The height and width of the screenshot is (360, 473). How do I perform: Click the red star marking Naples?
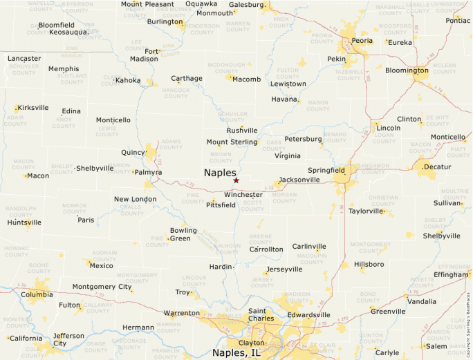236,180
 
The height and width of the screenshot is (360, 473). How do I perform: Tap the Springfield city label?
326,170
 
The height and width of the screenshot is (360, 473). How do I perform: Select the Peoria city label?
362,41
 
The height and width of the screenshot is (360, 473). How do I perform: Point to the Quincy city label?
133,152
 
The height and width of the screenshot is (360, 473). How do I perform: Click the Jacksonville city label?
299,180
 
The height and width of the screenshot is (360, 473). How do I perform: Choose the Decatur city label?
437,167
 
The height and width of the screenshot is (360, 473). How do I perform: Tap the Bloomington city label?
407,70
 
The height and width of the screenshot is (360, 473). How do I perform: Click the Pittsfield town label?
221,205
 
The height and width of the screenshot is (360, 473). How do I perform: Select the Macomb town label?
247,79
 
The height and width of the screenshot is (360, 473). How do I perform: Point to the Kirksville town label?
33,108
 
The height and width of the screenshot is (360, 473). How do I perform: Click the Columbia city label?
37,294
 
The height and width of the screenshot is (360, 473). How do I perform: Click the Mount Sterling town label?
232,142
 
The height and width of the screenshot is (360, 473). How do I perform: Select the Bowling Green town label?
183,234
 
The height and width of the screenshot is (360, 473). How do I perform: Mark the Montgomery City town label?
102,287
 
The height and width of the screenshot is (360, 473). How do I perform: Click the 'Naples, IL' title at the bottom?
236,353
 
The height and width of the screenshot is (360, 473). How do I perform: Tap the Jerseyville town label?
285,269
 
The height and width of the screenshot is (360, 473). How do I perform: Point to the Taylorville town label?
366,211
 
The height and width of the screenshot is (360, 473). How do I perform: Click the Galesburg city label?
247,5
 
